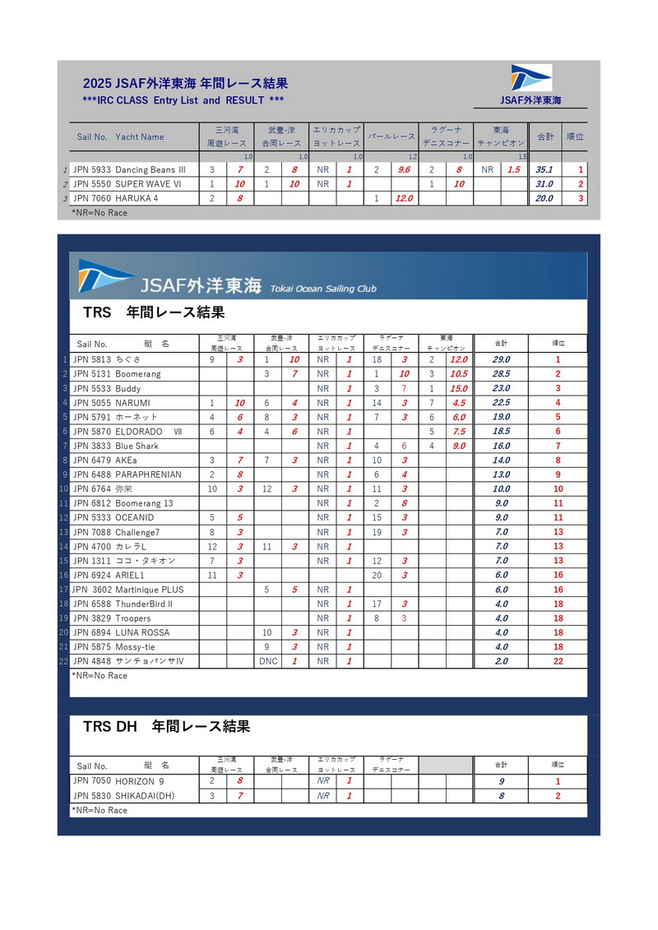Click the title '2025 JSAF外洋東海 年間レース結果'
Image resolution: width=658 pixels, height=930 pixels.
coord(185,83)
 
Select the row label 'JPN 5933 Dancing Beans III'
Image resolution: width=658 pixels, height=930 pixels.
coord(129,170)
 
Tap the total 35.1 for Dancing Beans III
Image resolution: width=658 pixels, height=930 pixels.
coord(544,170)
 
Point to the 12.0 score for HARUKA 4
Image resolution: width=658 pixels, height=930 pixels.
coord(404,198)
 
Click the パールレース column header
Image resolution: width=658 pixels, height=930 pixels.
coord(392,136)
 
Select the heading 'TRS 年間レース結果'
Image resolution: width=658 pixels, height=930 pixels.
coord(154,313)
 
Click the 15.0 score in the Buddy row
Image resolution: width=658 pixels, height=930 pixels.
coord(458,388)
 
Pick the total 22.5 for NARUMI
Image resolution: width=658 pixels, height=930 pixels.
coord(500,403)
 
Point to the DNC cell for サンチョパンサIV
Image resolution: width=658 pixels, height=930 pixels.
coord(268,661)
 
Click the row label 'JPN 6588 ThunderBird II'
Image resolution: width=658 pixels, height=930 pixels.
coord(123,604)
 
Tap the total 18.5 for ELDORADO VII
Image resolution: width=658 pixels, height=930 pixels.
coord(500,431)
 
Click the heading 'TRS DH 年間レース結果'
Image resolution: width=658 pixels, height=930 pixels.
coord(166,727)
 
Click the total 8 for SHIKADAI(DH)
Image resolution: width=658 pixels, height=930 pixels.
coord(501,796)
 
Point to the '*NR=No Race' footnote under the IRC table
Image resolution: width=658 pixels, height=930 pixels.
coord(100,213)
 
